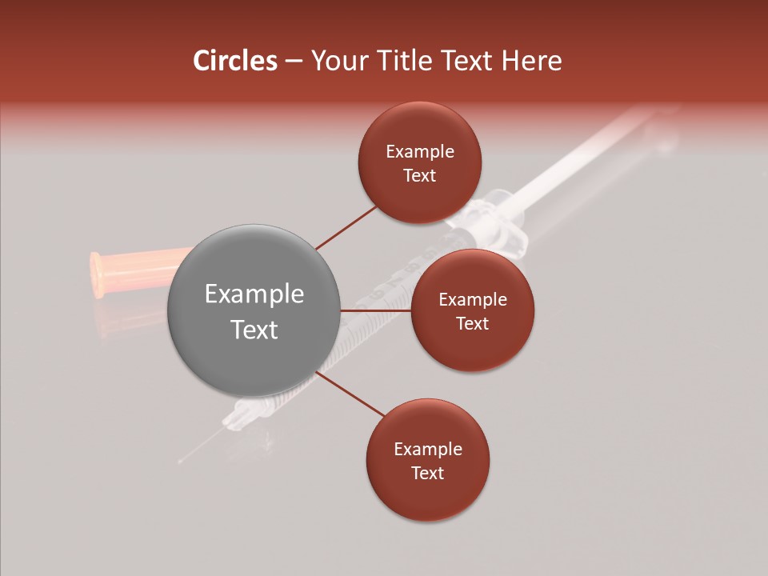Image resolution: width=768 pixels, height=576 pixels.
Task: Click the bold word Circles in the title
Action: point(235,61)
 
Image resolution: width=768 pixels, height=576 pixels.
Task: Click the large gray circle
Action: point(254,311)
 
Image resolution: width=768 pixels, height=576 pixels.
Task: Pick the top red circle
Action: point(419,163)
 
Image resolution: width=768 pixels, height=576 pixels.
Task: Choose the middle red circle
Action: point(472,310)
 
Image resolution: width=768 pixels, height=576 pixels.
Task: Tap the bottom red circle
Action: point(427,460)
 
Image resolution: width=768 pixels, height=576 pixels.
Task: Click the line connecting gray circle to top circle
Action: point(346,227)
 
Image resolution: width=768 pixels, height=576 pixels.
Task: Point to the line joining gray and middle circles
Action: point(375,310)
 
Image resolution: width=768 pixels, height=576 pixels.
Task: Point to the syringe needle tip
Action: point(181,462)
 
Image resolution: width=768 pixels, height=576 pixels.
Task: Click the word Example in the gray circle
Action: point(254,294)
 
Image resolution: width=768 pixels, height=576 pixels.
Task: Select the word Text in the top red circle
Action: point(419,175)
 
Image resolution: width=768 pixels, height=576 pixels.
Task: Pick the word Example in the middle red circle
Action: point(472,299)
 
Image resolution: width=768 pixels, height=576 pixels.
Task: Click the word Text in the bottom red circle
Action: point(427,473)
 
